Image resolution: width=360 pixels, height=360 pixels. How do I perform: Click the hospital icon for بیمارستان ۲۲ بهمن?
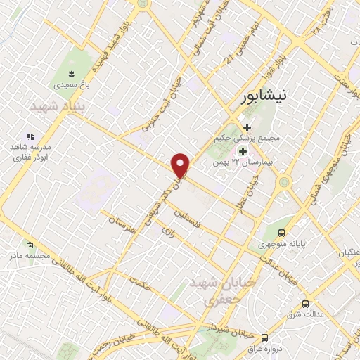point(243,150)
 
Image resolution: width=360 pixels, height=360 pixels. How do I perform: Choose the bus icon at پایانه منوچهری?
point(282,233)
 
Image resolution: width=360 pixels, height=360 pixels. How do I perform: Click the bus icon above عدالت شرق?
point(304,304)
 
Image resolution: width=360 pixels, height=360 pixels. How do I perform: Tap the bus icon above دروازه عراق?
point(264,337)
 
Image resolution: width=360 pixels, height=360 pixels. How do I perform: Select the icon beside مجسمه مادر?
point(30,246)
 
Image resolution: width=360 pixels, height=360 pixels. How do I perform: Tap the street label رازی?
point(167,230)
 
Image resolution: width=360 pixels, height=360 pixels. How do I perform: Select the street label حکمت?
point(141,283)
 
